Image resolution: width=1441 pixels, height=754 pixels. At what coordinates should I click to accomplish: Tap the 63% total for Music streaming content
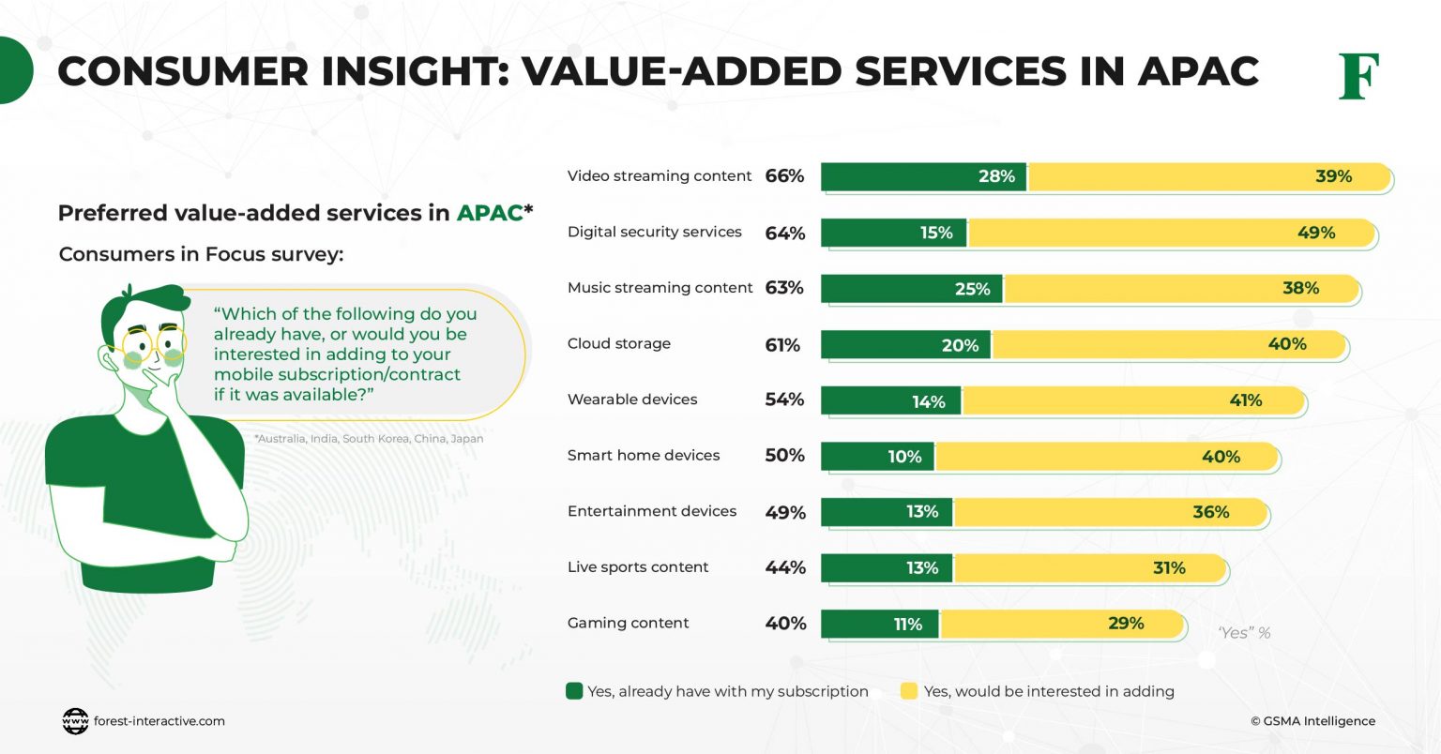pos(784,288)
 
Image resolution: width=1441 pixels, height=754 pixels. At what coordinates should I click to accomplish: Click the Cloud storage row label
pos(618,343)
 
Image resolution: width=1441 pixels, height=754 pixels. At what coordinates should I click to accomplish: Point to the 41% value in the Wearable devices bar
pos(1245,400)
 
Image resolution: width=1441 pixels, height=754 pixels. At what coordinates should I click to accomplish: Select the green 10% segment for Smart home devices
pos(877,457)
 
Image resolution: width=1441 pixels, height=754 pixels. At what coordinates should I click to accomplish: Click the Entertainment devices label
pos(651,511)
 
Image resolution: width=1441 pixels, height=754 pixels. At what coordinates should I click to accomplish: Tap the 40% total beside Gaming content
pos(785,624)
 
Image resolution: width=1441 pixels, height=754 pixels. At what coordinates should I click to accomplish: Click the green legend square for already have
pos(574,691)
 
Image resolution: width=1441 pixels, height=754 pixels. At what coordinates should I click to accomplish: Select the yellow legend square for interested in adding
pos(908,691)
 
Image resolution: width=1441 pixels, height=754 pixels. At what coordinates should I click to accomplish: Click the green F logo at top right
pos(1358,76)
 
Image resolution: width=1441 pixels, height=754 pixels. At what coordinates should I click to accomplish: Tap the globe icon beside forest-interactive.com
pos(75,721)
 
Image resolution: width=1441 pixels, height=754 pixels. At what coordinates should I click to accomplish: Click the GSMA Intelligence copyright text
pos(1312,721)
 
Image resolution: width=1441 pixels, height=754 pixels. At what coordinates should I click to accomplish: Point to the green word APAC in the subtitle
pos(489,213)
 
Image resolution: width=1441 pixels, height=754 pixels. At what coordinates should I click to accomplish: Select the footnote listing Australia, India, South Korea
pos(369,439)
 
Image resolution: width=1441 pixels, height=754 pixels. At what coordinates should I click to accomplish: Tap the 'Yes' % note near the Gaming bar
pos(1244,633)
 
